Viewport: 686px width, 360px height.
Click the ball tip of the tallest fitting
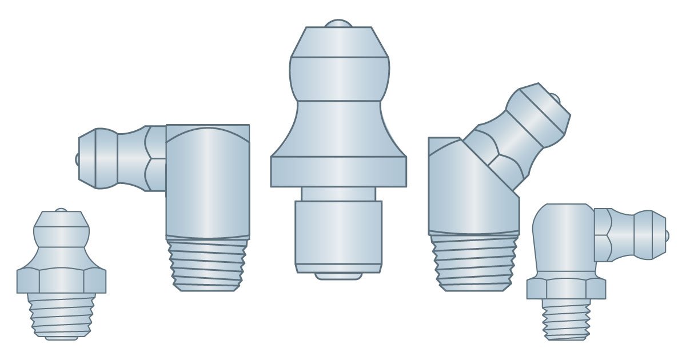[x=339, y=24]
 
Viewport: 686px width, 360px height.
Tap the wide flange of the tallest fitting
[x=338, y=171]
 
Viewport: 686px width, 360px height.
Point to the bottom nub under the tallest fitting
[x=338, y=276]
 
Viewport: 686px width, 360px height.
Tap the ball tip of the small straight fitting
[x=61, y=210]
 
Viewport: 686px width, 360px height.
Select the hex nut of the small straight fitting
[x=61, y=281]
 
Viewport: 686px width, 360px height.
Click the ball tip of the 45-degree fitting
[x=565, y=99]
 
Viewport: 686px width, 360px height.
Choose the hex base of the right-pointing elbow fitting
[x=566, y=288]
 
